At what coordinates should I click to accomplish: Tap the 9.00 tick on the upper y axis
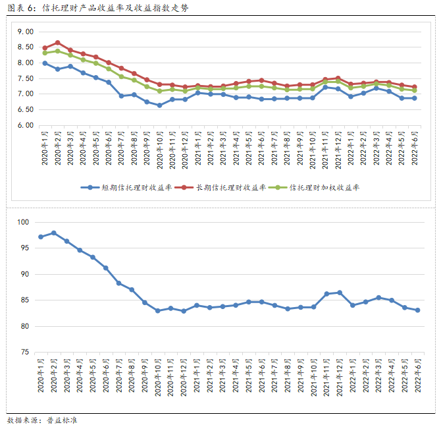(25, 32)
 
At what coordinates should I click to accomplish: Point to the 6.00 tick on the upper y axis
(25, 125)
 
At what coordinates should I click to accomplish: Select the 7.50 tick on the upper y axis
(25, 78)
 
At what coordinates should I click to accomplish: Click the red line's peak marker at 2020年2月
(57, 42)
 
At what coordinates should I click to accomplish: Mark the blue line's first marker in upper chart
(45, 63)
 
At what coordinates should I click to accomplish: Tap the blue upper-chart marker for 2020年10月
(159, 105)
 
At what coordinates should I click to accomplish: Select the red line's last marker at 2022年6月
(414, 87)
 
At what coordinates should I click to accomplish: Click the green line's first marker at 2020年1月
(45, 53)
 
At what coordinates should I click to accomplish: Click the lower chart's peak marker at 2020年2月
(53, 233)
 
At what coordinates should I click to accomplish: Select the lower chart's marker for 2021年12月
(340, 292)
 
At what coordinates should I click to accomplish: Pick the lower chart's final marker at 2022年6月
(418, 310)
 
